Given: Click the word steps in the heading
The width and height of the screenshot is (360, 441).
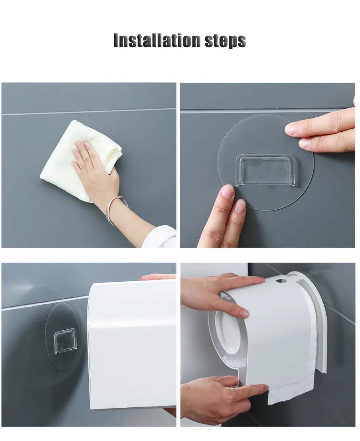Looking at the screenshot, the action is (225, 41).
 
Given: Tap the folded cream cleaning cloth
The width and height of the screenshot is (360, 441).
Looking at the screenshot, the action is (81, 161).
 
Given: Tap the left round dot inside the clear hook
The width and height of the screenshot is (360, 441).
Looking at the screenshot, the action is (249, 171).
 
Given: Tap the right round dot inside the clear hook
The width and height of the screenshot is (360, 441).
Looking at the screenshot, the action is (282, 171).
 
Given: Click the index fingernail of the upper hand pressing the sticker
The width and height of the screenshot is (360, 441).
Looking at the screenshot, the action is (292, 129).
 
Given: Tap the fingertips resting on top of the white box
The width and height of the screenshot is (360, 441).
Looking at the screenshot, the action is (158, 277).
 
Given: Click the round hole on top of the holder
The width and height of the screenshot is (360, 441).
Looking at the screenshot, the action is (280, 281).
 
